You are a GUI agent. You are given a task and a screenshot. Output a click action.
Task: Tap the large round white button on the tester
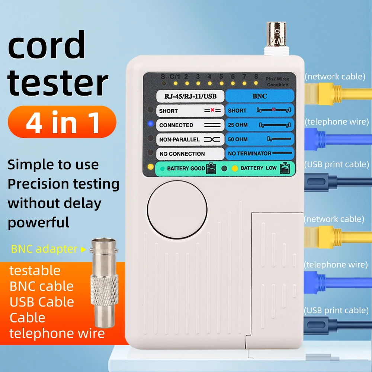coord(177,210)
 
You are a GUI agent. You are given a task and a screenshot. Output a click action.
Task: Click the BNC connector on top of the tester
coord(276,39)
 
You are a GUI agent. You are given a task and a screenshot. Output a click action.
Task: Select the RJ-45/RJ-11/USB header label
coord(190,97)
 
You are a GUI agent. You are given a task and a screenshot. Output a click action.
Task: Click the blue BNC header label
coord(260,96)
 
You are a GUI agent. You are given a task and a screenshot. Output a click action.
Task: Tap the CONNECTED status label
coord(176,125)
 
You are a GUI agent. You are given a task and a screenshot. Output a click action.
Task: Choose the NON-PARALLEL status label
coord(179,139)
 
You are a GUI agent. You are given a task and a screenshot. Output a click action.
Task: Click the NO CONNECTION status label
coord(182,154)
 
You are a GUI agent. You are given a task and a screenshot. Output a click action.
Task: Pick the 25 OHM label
coord(236,125)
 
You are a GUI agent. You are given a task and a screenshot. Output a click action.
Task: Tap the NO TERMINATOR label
coord(249,153)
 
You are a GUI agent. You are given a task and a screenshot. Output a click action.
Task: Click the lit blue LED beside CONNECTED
coord(150,124)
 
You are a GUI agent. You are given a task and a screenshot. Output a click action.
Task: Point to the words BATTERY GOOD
coord(186,169)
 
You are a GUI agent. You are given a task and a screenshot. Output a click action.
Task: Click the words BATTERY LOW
coord(258,168)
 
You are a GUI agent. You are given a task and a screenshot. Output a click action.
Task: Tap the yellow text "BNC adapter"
coord(44,249)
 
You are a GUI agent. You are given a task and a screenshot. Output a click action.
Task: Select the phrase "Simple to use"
coord(53,164)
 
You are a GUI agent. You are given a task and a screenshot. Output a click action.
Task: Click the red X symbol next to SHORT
coord(213,110)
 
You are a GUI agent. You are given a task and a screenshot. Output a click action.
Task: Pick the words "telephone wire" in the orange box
coord(57,333)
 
